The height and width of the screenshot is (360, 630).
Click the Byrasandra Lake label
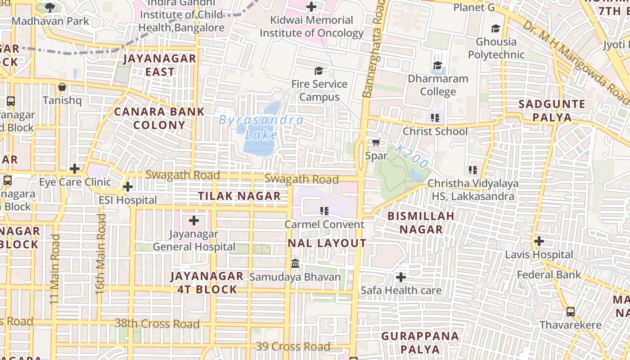pos(261,127)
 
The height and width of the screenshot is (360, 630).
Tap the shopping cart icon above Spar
pos(376,143)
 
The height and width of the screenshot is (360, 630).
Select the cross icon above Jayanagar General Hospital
pos(194,220)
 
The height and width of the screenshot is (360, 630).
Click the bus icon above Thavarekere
pos(570,311)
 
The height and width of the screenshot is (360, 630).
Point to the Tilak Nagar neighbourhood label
pos(240,196)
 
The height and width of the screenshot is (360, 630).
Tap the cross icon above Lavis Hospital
pos(539,241)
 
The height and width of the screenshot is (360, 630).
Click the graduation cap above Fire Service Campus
pos(319,71)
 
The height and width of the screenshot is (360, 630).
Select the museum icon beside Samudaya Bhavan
pos(295,263)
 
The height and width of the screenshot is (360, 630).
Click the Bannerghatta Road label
pos(373,49)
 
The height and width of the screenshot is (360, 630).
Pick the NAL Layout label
pos(327,243)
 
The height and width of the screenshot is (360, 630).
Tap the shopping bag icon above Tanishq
pos(62,87)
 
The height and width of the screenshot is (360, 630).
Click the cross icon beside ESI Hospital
pos(128,186)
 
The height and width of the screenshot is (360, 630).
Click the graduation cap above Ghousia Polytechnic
pos(495,28)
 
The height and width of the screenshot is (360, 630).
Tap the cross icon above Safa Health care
pos(400,277)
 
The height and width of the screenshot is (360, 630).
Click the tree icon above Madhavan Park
pos(50,7)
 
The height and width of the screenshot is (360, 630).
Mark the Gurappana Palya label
pos(414,342)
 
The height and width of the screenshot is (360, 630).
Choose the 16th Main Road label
pos(100,254)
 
